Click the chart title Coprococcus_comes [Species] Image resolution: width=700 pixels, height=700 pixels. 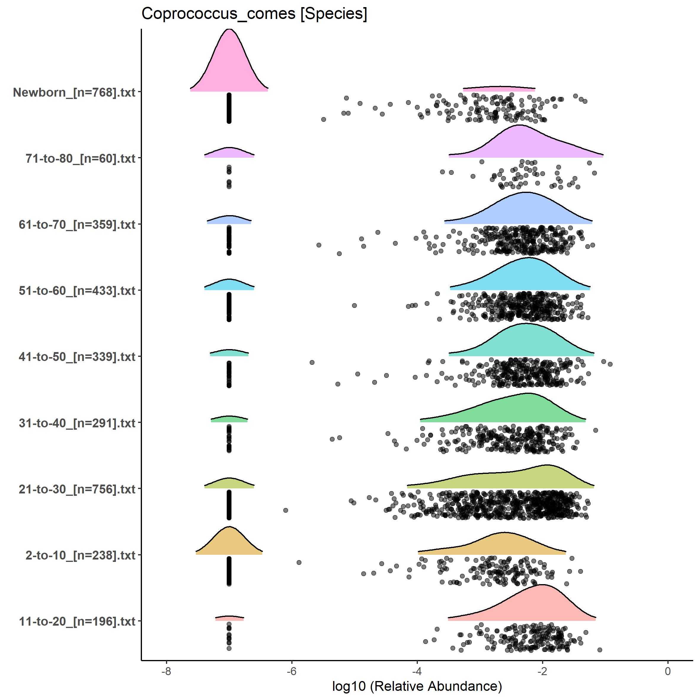coord(254,14)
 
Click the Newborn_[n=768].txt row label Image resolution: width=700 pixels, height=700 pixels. coord(74,92)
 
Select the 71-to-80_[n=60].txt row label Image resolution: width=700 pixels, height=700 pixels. coord(80,158)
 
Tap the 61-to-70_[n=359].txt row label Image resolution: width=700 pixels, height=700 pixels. coord(77,225)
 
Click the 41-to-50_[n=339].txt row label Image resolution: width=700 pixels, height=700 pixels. coord(77,357)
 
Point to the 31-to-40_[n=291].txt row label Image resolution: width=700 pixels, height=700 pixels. coord(77,423)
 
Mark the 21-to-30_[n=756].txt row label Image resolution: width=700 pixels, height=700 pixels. coord(77,489)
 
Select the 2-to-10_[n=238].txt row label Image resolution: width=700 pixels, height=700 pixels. coord(80,555)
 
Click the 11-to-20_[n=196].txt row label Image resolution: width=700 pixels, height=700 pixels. coord(77,621)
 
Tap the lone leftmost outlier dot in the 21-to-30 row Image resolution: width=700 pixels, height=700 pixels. coord(285,510)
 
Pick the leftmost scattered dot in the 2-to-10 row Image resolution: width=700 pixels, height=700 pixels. coord(299,562)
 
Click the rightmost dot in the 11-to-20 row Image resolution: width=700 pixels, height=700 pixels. coord(600,650)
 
